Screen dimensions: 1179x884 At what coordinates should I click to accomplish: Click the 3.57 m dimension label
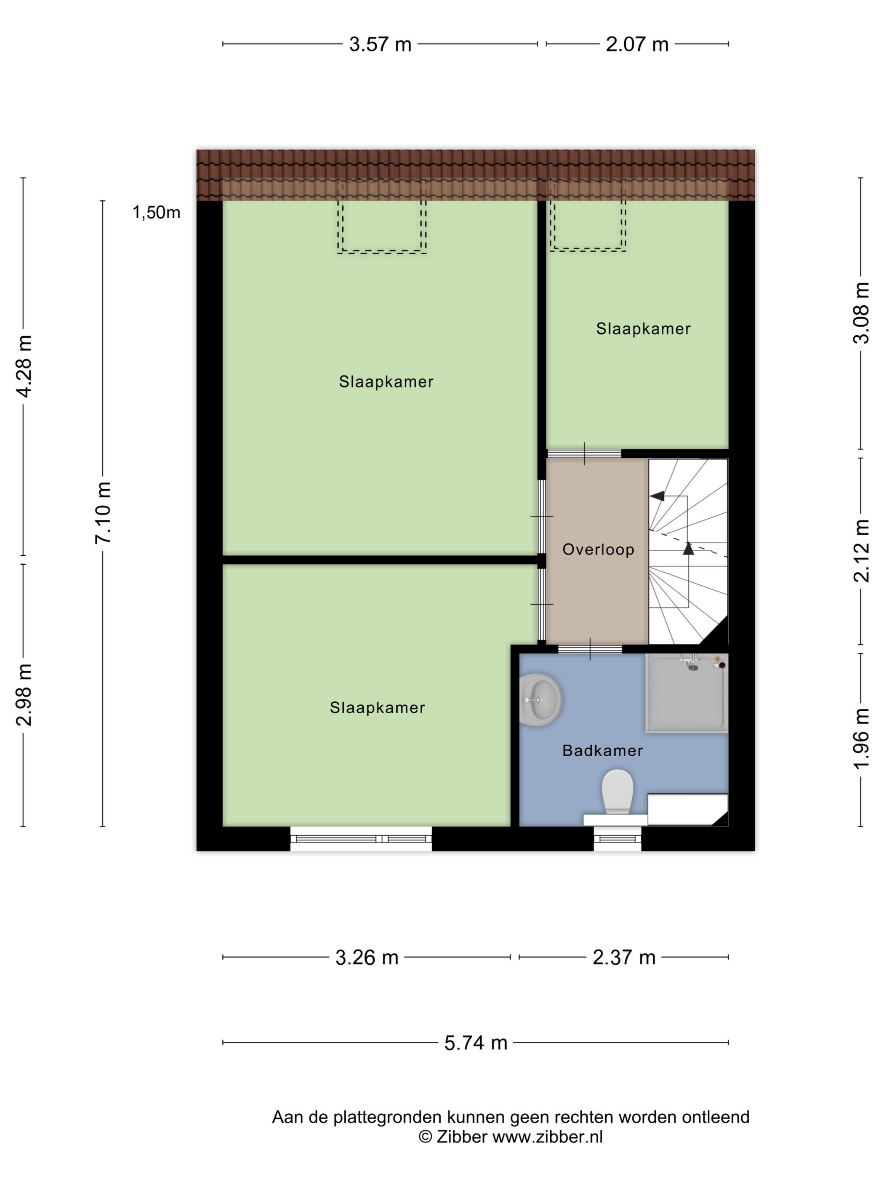click(380, 44)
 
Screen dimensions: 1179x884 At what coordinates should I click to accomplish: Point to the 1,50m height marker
click(156, 213)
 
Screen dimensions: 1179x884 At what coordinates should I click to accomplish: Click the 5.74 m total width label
click(475, 1043)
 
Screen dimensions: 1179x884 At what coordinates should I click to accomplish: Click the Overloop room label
click(598, 549)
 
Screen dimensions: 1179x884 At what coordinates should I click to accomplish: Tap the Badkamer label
click(602, 750)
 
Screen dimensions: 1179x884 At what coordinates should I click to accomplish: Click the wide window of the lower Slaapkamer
click(361, 839)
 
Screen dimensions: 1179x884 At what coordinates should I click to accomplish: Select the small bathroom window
click(617, 839)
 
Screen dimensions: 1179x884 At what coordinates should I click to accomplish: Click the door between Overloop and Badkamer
click(590, 649)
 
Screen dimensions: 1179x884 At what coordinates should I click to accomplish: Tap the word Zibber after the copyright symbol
click(461, 1137)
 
